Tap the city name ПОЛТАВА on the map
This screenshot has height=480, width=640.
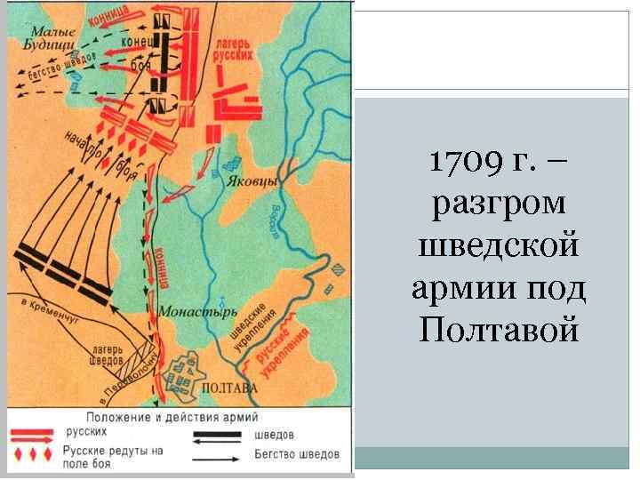pyautogui.click(x=230, y=388)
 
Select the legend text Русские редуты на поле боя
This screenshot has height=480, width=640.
pyautogui.click(x=111, y=457)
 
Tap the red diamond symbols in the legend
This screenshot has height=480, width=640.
pyautogui.click(x=34, y=456)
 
